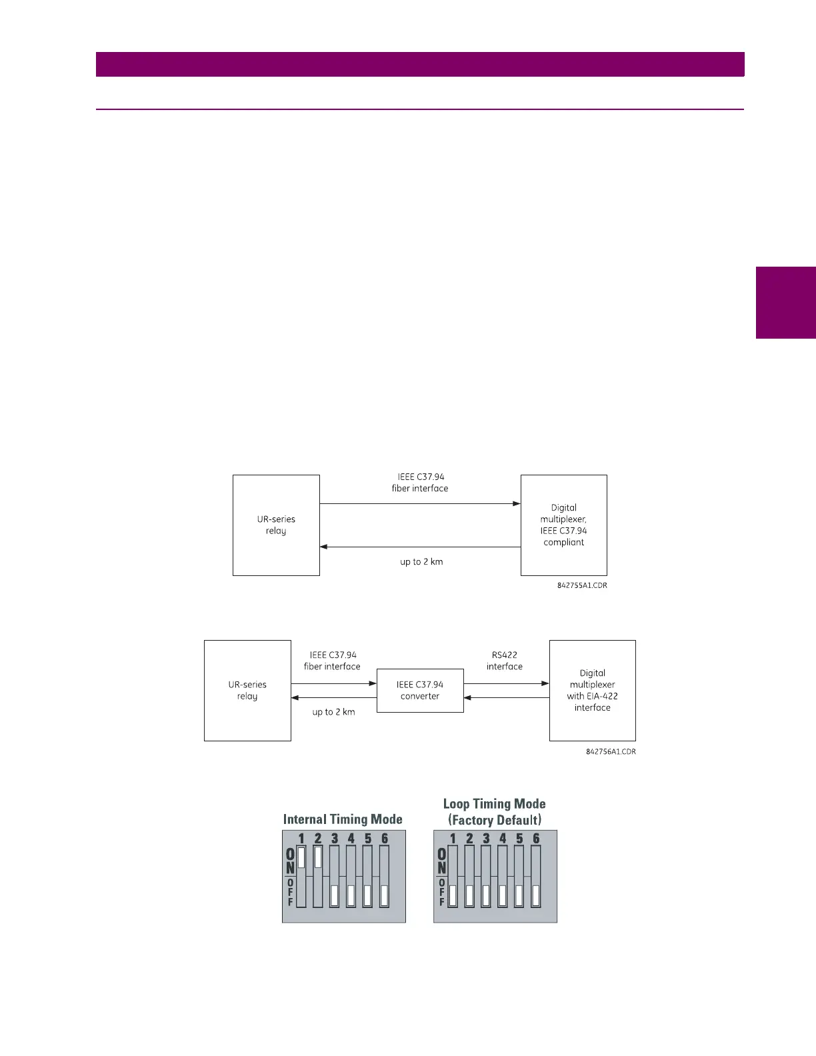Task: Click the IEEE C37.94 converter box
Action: pos(420,691)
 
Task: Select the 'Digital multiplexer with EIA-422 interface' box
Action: pos(592,691)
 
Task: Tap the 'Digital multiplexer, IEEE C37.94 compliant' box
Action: pos(563,525)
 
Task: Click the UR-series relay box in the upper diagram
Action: pos(276,525)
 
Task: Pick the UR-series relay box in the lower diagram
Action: pos(247,691)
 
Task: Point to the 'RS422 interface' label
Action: pos(505,661)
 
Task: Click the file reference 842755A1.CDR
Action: pos(582,585)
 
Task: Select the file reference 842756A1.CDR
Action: pos(611,751)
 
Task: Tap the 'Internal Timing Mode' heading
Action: pos(343,819)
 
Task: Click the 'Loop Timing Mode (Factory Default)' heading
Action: pos(495,812)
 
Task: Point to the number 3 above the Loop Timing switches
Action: pos(486,839)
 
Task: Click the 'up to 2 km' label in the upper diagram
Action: pos(421,562)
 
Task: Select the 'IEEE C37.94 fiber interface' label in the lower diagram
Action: pos(332,661)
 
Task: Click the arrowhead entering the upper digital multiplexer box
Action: pos(517,504)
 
